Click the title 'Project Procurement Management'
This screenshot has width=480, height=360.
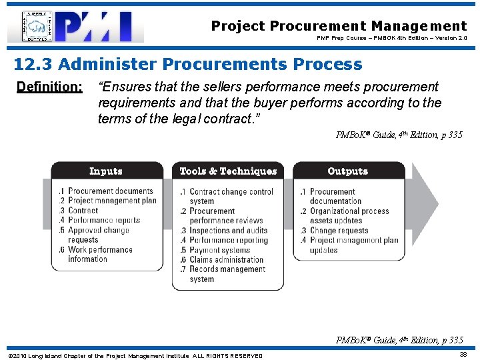(x=339, y=26)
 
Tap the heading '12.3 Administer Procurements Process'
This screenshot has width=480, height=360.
(x=189, y=65)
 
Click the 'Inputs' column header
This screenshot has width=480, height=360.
(x=105, y=171)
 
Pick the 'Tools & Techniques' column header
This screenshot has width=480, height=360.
(x=227, y=171)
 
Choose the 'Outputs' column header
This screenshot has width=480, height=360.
(x=347, y=171)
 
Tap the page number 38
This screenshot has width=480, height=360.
(x=462, y=355)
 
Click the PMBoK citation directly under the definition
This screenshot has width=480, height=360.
(x=399, y=135)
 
